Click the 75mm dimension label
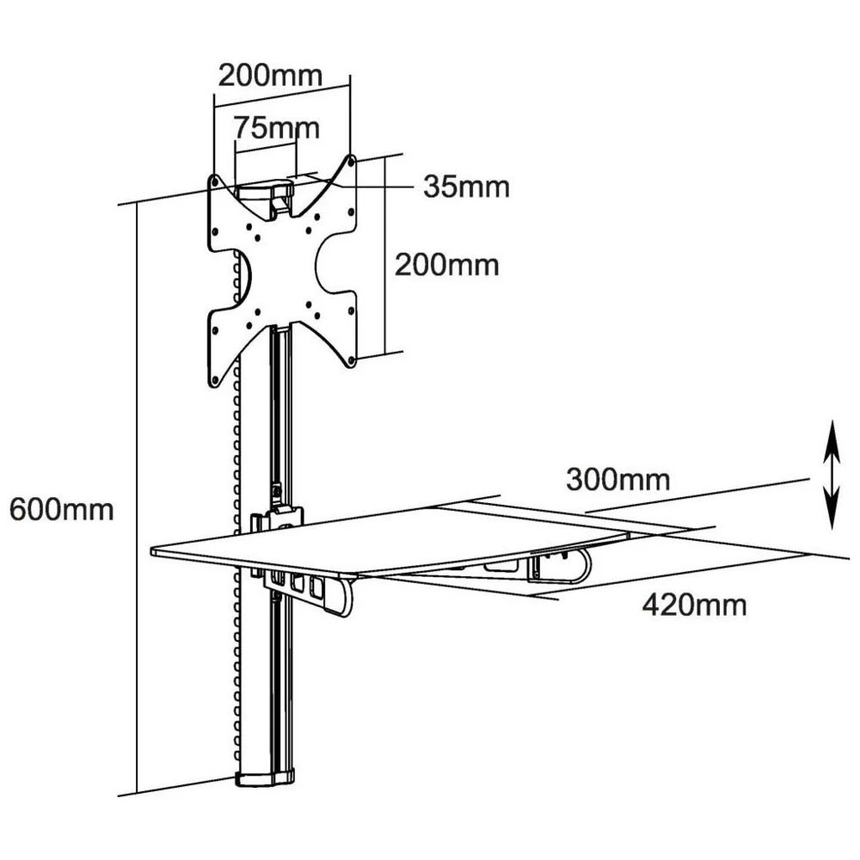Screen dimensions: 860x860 point(276,129)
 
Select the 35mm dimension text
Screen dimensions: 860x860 point(465,187)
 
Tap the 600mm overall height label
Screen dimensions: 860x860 point(61,509)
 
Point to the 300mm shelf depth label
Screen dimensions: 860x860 point(617,479)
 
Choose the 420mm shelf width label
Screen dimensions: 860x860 point(694,605)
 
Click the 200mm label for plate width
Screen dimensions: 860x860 point(269,75)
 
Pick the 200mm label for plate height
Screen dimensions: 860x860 point(446,264)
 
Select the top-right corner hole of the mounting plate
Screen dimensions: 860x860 point(350,159)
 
